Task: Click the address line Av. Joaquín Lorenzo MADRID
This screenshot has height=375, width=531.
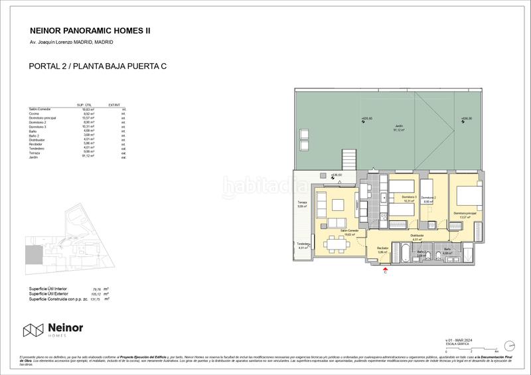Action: tap(72, 42)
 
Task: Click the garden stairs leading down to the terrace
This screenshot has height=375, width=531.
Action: tap(349, 160)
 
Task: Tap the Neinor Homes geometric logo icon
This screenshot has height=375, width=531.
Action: tap(34, 331)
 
